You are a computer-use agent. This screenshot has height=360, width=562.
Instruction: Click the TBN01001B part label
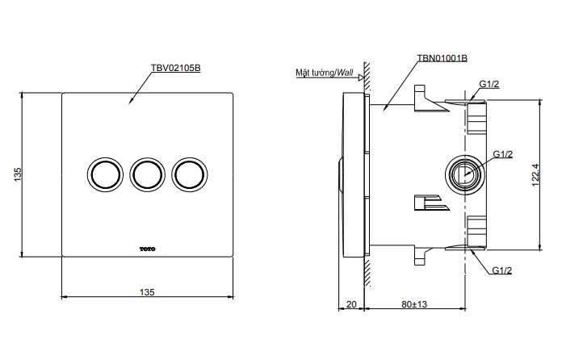click(x=442, y=59)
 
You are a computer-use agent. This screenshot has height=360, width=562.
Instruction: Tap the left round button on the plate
click(x=103, y=174)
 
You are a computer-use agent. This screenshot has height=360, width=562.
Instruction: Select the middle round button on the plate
click(x=147, y=174)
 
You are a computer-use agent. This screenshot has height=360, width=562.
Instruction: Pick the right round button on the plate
click(x=191, y=174)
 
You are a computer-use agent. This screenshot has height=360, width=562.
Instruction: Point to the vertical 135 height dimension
click(x=17, y=174)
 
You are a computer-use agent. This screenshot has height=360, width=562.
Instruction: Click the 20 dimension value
click(x=350, y=304)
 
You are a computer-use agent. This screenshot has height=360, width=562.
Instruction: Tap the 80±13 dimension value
click(x=414, y=304)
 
